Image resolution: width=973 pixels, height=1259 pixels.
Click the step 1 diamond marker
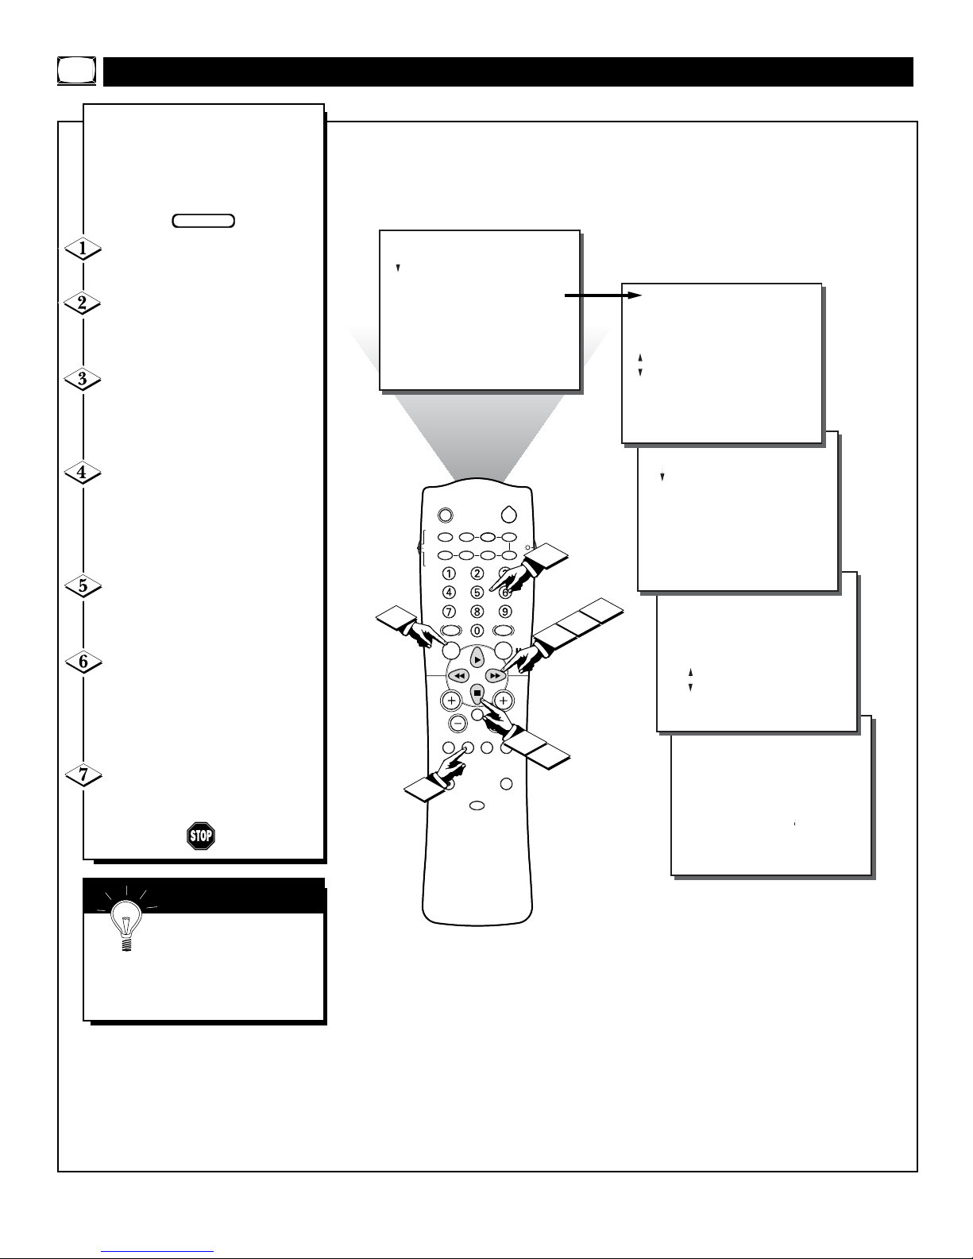coord(83,249)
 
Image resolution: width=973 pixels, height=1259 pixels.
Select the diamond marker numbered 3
coord(83,379)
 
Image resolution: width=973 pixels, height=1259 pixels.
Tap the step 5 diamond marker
coord(83,586)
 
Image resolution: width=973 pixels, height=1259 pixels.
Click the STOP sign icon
coord(201,836)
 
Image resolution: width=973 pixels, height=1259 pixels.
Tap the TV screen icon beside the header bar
coord(77,71)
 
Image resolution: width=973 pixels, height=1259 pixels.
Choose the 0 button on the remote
coord(477,631)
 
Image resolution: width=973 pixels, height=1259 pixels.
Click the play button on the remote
coord(477,659)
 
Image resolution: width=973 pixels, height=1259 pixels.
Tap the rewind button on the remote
coord(458,676)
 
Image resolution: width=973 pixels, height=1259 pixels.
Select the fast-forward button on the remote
coord(495,676)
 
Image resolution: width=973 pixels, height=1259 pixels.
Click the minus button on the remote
coord(458,723)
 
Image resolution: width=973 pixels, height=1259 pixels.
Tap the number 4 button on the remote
coord(449,592)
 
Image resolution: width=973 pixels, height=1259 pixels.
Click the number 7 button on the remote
coord(449,612)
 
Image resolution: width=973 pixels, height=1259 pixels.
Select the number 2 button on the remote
coord(477,573)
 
